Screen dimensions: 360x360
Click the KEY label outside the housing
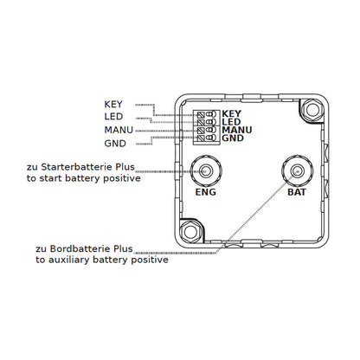point(113,104)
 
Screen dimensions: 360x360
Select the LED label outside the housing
point(113,117)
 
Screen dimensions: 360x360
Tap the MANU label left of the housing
point(119,130)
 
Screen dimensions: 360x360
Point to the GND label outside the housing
point(115,144)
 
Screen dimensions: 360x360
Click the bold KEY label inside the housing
point(231,113)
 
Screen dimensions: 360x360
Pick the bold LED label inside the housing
point(231,122)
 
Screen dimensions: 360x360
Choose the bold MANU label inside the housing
point(237,130)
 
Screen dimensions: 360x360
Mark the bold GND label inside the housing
point(233,138)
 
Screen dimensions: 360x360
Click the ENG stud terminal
point(206,170)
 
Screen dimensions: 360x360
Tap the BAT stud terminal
point(297,170)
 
